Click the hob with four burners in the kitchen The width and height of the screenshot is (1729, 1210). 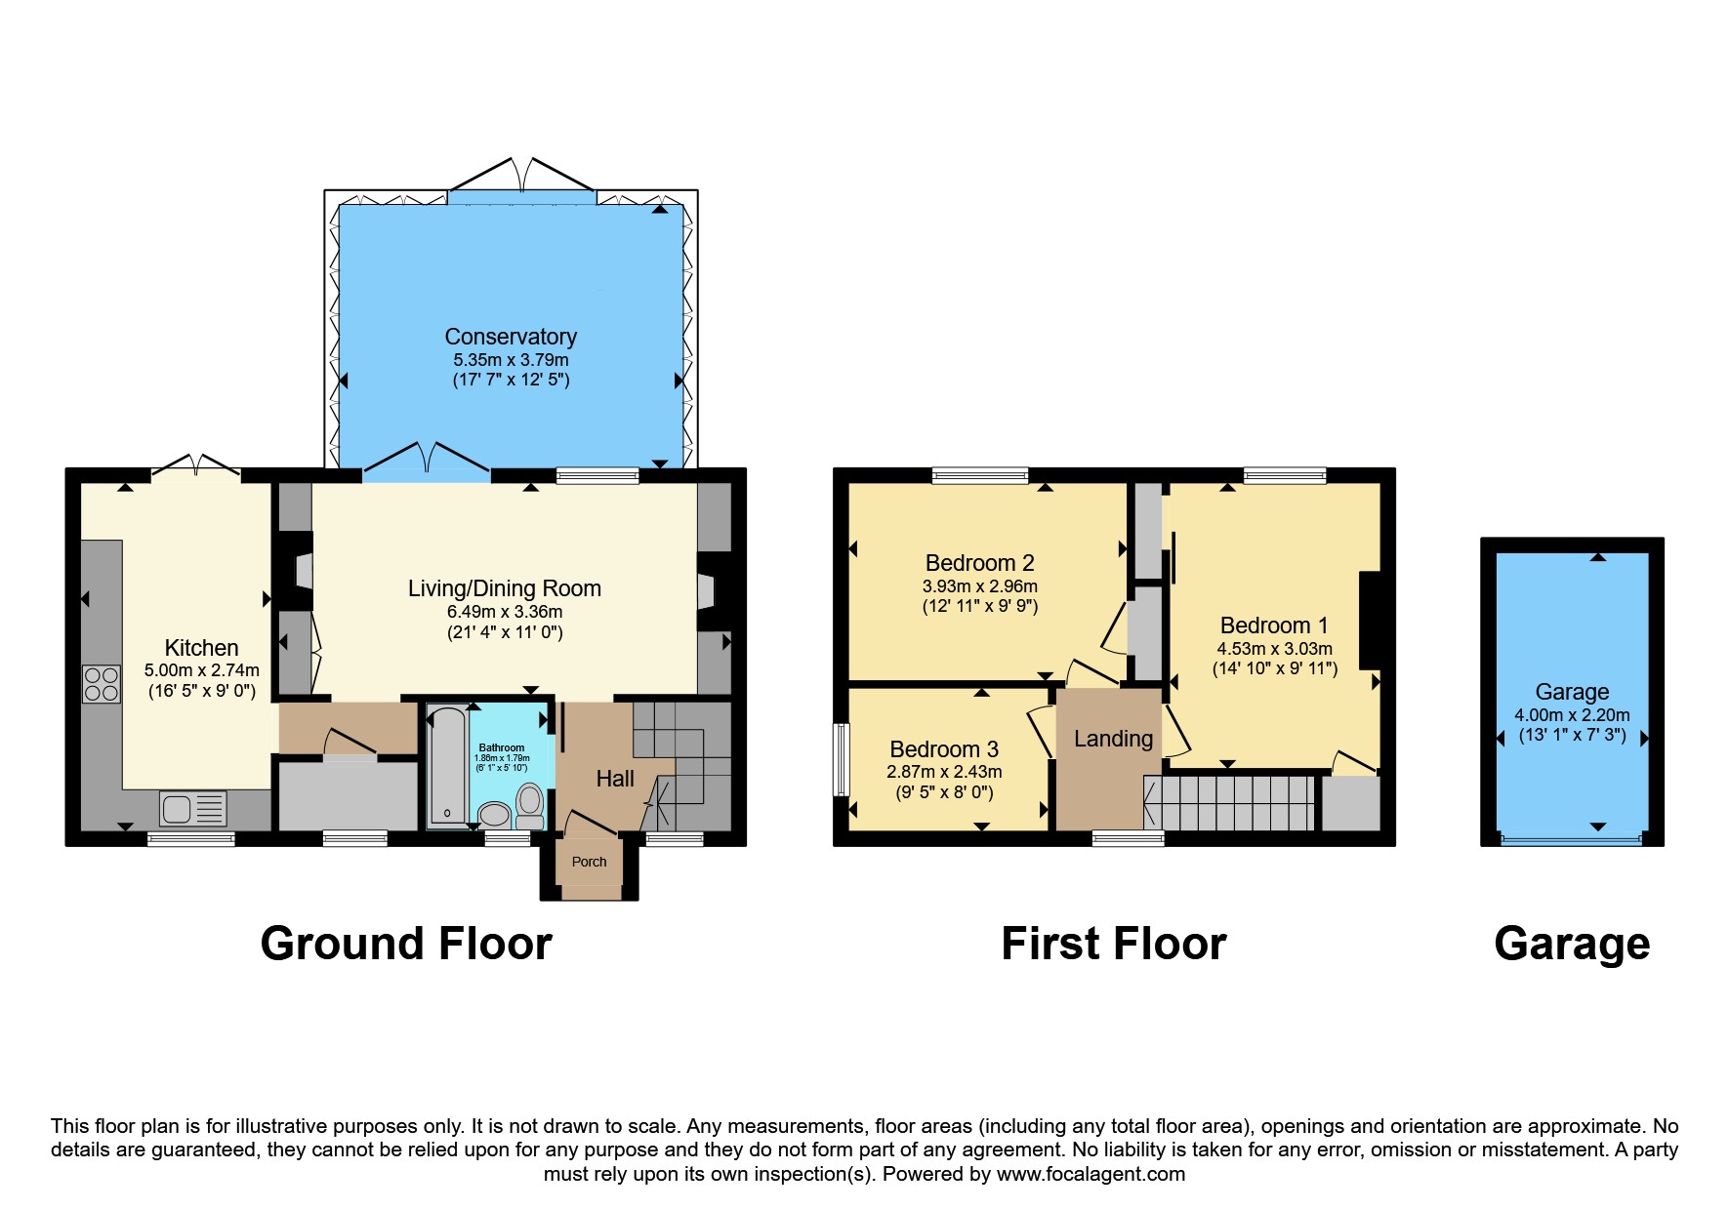[x=102, y=683]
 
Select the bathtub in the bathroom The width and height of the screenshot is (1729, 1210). [x=448, y=766]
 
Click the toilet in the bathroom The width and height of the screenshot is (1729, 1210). [x=530, y=804]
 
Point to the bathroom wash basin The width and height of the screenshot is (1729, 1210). [x=495, y=814]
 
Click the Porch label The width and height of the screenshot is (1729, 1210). [x=589, y=862]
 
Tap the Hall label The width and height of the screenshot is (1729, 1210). [x=615, y=779]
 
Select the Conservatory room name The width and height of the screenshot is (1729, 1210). [x=511, y=337]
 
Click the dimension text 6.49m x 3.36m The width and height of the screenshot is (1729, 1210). [x=505, y=612]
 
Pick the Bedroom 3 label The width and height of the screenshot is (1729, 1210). [x=944, y=749]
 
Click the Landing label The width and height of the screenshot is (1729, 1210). [x=1113, y=739]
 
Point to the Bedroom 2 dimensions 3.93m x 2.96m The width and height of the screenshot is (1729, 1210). [x=979, y=586]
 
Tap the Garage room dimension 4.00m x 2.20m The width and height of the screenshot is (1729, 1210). [x=1572, y=714]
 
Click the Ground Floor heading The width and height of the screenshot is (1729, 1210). [x=406, y=944]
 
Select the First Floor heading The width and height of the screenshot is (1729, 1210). [x=1113, y=944]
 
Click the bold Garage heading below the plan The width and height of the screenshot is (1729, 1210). [x=1572, y=944]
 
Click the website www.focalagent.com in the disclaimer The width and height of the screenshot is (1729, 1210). [x=1091, y=1174]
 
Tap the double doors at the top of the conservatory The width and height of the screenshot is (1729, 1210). [x=522, y=178]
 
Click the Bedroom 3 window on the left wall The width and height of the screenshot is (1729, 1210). [x=840, y=759]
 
